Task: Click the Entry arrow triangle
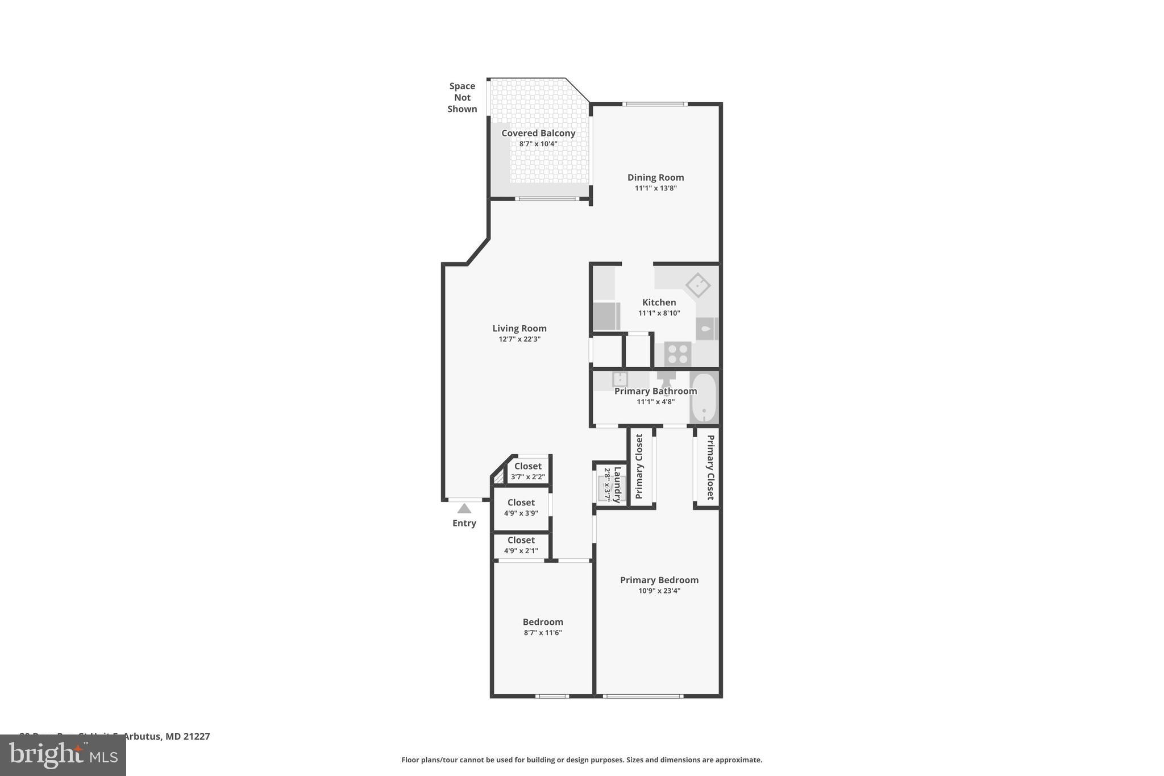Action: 464,508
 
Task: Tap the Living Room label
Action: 519,328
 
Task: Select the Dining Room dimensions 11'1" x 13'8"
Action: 655,188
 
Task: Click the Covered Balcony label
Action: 538,133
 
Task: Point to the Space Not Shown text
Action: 462,97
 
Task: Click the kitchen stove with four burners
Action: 677,354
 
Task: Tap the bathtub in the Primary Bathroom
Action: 704,397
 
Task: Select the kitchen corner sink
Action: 697,285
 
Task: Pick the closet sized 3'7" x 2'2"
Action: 527,471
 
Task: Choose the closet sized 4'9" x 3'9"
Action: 521,507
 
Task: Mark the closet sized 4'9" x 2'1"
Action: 521,545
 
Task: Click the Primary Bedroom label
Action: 659,580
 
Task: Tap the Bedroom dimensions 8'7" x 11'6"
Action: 543,633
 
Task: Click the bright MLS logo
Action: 63,755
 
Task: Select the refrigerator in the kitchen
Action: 606,316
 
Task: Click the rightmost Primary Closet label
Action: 710,467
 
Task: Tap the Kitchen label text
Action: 659,302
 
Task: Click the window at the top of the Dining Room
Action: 654,104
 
